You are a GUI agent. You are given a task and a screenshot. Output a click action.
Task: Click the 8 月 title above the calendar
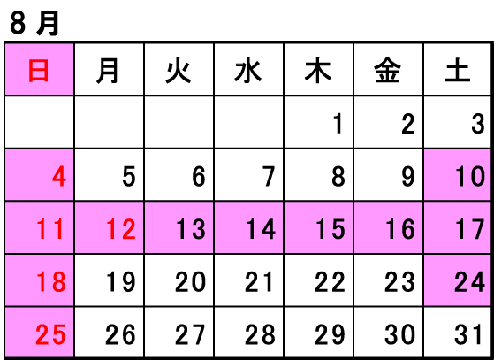click(x=34, y=24)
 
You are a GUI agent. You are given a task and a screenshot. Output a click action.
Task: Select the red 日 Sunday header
click(x=39, y=71)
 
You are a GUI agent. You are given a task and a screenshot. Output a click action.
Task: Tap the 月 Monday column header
click(x=108, y=71)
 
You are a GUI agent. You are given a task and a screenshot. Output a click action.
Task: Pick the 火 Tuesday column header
click(x=179, y=71)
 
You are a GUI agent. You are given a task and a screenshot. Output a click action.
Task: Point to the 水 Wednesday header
click(x=248, y=71)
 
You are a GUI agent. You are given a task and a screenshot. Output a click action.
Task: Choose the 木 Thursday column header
click(x=318, y=71)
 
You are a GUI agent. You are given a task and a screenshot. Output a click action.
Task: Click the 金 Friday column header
click(x=388, y=71)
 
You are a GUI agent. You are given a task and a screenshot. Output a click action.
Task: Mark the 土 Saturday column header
click(x=458, y=71)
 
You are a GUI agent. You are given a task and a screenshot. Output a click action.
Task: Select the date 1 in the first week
click(x=338, y=124)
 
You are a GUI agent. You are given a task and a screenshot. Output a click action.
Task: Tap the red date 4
click(x=59, y=177)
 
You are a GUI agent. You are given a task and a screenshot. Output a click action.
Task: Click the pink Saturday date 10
click(x=470, y=177)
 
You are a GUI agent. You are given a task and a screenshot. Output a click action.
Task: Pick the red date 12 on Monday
click(x=121, y=229)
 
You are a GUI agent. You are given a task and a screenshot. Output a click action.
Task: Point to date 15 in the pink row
click(x=331, y=229)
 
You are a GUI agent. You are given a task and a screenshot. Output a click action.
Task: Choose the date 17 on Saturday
click(x=470, y=229)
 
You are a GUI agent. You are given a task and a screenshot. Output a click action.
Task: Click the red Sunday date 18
click(x=51, y=281)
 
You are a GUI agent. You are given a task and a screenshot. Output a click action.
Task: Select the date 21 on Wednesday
click(x=259, y=281)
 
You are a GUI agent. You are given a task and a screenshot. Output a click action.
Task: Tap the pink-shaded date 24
click(x=469, y=281)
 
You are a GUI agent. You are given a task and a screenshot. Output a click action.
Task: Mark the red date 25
click(x=50, y=334)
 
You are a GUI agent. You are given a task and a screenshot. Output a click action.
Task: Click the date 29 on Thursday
click(x=330, y=334)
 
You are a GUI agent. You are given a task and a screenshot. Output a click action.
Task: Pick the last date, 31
click(x=468, y=334)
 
